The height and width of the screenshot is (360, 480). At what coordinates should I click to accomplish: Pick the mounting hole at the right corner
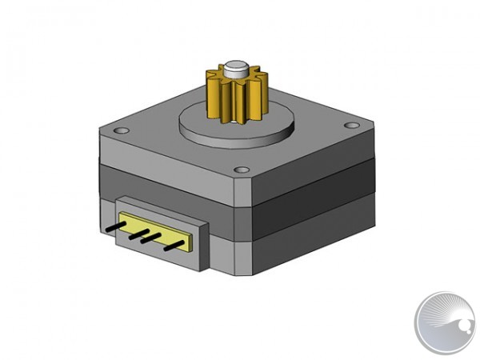pos(350,126)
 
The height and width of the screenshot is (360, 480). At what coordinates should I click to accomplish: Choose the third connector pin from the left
pos(147,238)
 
